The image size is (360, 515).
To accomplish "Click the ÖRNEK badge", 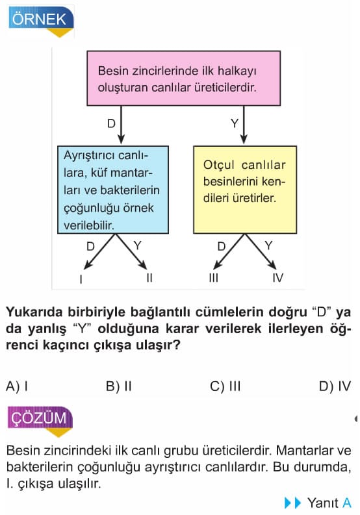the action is click(41, 21).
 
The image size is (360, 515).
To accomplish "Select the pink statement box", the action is click(183, 78).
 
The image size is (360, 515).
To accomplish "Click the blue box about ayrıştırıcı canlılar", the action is click(113, 190).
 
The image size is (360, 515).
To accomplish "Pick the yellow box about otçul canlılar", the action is click(245, 190).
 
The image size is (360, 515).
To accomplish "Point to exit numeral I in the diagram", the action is click(81, 279).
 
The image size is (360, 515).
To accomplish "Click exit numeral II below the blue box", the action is click(149, 278).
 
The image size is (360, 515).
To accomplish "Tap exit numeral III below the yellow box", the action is click(213, 278).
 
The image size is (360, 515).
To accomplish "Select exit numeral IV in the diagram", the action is click(278, 278).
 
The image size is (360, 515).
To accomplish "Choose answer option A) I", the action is click(17, 386).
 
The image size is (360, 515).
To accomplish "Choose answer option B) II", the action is click(119, 386).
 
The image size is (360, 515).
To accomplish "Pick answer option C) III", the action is click(225, 386).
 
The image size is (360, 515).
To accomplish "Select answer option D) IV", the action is click(335, 386).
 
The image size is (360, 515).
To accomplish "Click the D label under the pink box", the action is click(112, 123).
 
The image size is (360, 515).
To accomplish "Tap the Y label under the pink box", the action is click(235, 123).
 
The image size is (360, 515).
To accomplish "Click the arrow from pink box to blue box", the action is click(121, 125).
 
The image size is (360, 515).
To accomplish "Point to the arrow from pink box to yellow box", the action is click(244, 125).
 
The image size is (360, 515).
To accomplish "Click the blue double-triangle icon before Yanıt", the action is click(292, 503).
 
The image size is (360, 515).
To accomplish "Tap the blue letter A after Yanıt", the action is click(347, 503).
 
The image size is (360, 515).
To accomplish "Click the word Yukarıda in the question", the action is click(34, 312).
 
